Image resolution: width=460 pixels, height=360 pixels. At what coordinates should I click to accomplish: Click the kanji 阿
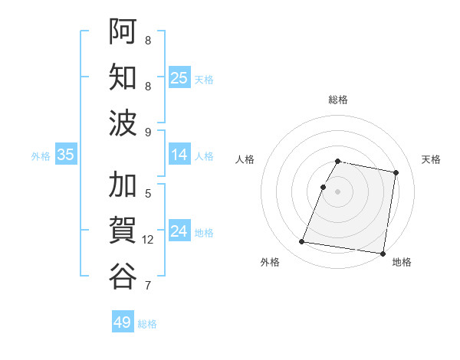click(x=123, y=31)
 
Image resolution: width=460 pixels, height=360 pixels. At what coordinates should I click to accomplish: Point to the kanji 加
click(x=123, y=185)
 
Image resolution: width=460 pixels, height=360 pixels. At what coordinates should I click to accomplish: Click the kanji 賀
click(x=123, y=230)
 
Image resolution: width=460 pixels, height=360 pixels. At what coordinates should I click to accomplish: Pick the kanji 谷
click(x=123, y=275)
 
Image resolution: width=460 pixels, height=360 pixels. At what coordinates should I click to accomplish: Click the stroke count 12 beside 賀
click(x=148, y=240)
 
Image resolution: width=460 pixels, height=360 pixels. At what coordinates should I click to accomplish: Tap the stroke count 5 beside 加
click(x=148, y=194)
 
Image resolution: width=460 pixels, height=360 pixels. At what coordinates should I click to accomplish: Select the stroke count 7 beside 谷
click(x=148, y=286)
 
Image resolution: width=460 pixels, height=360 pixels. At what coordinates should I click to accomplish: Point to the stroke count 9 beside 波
click(x=148, y=132)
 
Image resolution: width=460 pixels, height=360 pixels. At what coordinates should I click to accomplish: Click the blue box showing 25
click(x=179, y=78)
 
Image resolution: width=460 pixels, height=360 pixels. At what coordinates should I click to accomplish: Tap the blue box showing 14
click(x=179, y=155)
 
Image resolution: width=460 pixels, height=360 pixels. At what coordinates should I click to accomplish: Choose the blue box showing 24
click(x=179, y=232)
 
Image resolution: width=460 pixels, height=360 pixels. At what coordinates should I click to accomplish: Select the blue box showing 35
click(x=66, y=155)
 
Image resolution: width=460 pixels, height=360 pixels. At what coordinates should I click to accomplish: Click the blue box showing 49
click(x=123, y=322)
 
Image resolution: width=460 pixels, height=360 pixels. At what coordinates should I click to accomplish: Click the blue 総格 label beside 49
click(x=147, y=324)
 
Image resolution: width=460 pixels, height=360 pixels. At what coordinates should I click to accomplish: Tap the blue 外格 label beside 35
click(x=41, y=156)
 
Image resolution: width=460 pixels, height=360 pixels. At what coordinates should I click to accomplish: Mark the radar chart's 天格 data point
click(x=396, y=173)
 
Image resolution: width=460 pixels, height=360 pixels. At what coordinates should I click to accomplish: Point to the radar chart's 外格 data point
click(x=301, y=242)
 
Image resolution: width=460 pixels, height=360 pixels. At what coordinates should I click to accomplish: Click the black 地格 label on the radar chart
click(x=402, y=263)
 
